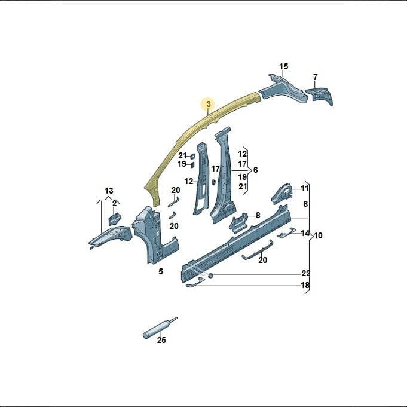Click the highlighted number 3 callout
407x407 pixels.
point(209,104)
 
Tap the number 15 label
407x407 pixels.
point(284,66)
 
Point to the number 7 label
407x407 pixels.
point(315,77)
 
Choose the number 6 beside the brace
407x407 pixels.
point(256,170)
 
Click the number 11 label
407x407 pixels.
point(304,188)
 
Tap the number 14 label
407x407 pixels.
point(305,233)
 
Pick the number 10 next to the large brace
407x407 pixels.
point(318,235)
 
